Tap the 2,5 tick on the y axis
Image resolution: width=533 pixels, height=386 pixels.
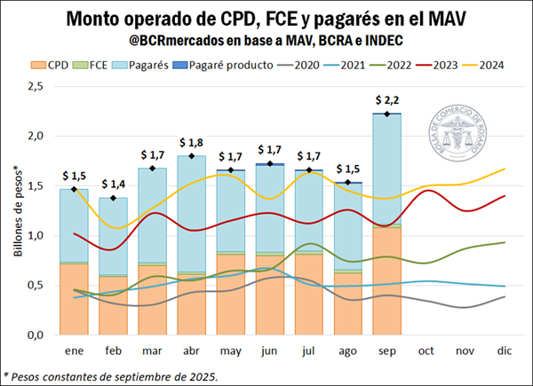35,86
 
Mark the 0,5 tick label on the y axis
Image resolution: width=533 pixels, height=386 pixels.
35,285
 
